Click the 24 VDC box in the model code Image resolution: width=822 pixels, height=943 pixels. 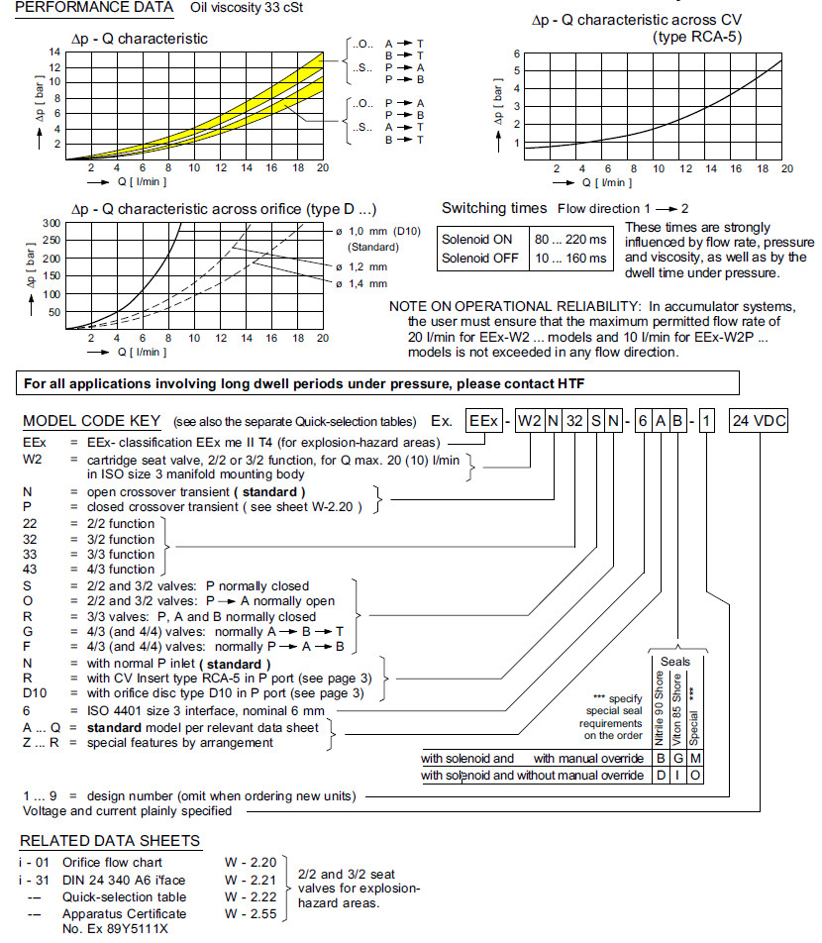(759, 420)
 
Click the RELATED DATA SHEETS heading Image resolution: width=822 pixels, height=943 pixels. (110, 841)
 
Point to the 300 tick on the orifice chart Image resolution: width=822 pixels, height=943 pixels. (51, 223)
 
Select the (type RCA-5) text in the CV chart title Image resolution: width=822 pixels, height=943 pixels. (698, 37)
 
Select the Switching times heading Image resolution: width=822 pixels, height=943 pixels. (493, 208)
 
